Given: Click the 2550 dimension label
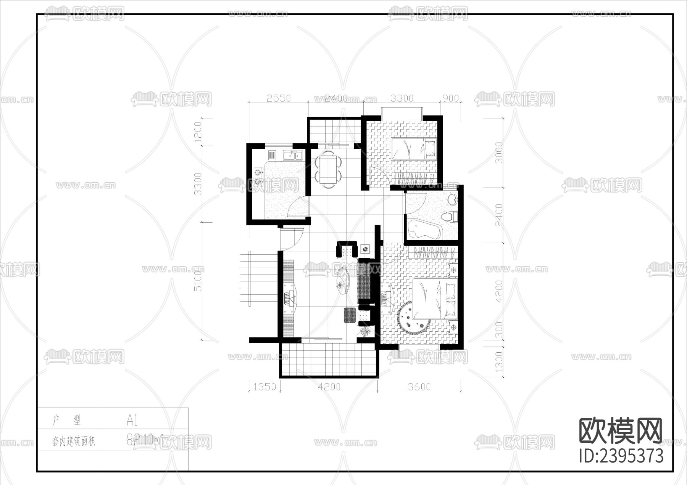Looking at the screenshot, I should click(278, 98).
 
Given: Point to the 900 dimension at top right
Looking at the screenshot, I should click(450, 98).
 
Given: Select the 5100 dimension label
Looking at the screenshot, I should click(198, 281).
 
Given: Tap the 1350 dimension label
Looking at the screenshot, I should click(264, 387).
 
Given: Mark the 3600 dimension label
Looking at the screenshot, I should click(419, 387).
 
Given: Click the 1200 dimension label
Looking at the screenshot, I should click(198, 132).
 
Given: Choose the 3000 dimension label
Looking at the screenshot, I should click(499, 152).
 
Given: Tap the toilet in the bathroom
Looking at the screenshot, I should click(451, 216).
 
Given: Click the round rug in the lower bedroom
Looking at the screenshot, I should click(414, 317).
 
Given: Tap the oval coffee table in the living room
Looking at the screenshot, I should click(342, 281).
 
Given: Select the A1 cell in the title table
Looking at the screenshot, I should click(132, 420).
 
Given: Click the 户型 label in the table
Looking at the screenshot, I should click(67, 420).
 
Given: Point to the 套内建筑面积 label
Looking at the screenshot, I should click(73, 442).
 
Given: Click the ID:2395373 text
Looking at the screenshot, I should click(621, 456).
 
